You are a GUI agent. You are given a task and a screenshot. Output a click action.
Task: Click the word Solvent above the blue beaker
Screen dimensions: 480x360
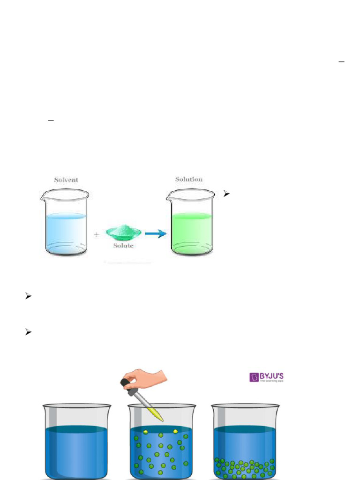pyautogui.click(x=66, y=180)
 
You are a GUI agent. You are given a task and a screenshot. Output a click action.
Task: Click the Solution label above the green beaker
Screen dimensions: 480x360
pyautogui.click(x=189, y=179)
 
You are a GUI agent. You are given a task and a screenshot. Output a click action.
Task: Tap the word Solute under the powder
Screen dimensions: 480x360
pyautogui.click(x=123, y=246)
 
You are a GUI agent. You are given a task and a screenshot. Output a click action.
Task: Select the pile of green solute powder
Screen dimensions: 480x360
pyautogui.click(x=123, y=231)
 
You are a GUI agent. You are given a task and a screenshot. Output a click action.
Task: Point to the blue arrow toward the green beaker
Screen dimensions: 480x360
pyautogui.click(x=155, y=233)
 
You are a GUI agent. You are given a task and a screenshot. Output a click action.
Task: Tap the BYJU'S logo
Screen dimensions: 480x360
pyautogui.click(x=266, y=377)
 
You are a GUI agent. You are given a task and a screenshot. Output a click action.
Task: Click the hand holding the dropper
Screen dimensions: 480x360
pyautogui.click(x=146, y=376)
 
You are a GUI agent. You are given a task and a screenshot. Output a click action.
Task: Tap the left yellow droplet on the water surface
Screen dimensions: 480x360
pyautogui.click(x=145, y=431)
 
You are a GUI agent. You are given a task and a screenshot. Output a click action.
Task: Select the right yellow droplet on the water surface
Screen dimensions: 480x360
pyautogui.click(x=175, y=431)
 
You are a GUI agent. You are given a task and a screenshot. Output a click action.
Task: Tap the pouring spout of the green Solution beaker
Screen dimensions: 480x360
pyautogui.click(x=169, y=193)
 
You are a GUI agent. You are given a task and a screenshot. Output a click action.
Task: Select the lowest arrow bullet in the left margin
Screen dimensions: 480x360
pyautogui.click(x=28, y=332)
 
